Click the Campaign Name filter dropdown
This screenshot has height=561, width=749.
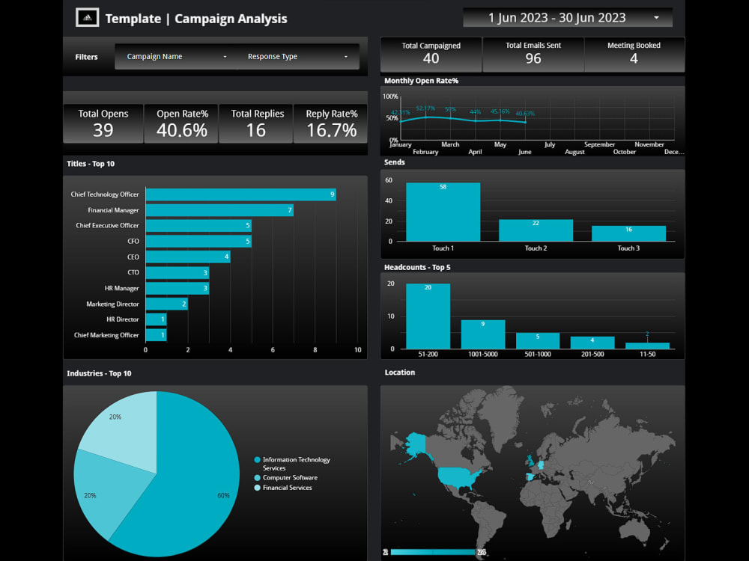[177, 57]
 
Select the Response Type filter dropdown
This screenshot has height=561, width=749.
[297, 57]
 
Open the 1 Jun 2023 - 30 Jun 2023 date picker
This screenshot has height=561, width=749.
[567, 17]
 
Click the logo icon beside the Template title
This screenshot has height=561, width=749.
[88, 17]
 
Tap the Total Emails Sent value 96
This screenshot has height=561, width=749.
[533, 58]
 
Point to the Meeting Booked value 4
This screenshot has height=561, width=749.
[634, 58]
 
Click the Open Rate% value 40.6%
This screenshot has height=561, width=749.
[182, 130]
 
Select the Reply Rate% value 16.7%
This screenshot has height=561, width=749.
[331, 130]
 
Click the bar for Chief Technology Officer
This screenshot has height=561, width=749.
[240, 194]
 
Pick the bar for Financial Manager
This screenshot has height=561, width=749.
[219, 210]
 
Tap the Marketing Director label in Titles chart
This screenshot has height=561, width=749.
[112, 304]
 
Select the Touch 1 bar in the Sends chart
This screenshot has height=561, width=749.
[443, 212]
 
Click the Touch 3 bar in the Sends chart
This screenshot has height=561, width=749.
[628, 233]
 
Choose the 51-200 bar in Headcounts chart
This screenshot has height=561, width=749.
[428, 316]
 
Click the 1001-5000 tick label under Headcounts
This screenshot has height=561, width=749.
[482, 355]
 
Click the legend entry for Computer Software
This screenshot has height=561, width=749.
[290, 477]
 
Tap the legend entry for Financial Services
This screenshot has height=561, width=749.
[287, 488]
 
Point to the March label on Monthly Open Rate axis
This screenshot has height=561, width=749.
[450, 144]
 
